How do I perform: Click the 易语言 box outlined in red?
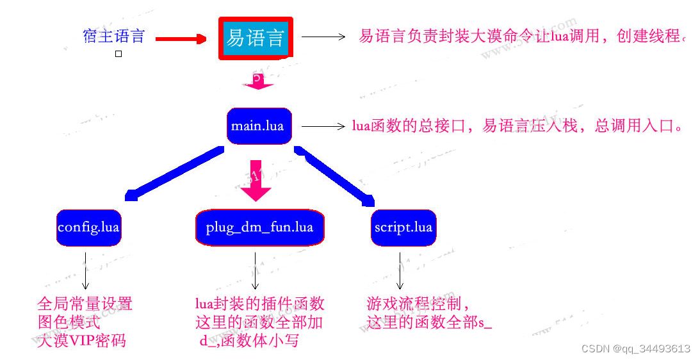pos(256,38)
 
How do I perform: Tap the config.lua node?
pos(88,227)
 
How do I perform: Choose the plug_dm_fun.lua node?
pos(259,227)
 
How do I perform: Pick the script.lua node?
pos(403,227)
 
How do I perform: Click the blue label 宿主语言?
pos(114,36)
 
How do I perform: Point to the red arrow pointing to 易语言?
pos(181,39)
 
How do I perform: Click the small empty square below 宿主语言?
pos(118,54)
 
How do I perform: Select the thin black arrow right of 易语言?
pos(323,37)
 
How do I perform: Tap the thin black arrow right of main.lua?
pos(323,126)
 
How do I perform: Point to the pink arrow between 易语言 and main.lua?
pos(257,81)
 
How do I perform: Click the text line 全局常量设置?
pos(85,303)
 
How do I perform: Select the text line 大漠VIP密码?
pos(81,340)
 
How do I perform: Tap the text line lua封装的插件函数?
pos(259,303)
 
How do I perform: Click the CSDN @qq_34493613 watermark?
pos(635,349)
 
